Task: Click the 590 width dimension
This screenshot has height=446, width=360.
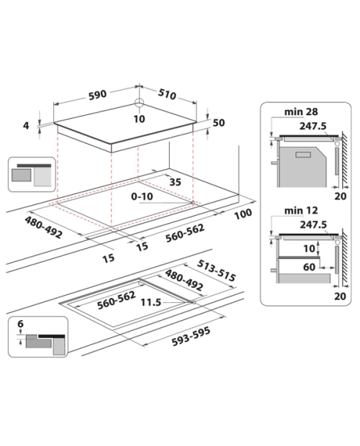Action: [97, 95]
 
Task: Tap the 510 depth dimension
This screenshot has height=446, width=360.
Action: [167, 94]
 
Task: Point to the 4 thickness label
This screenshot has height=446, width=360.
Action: [26, 125]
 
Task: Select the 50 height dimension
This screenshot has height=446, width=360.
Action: [219, 122]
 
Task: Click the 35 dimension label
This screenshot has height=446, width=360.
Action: [175, 182]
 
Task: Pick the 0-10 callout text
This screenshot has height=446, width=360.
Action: [142, 196]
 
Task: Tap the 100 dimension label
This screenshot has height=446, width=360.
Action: [243, 214]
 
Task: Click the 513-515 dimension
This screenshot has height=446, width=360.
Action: [216, 270]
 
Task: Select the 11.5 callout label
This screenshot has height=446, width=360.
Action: [150, 302]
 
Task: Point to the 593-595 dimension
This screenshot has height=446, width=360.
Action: [191, 336]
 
